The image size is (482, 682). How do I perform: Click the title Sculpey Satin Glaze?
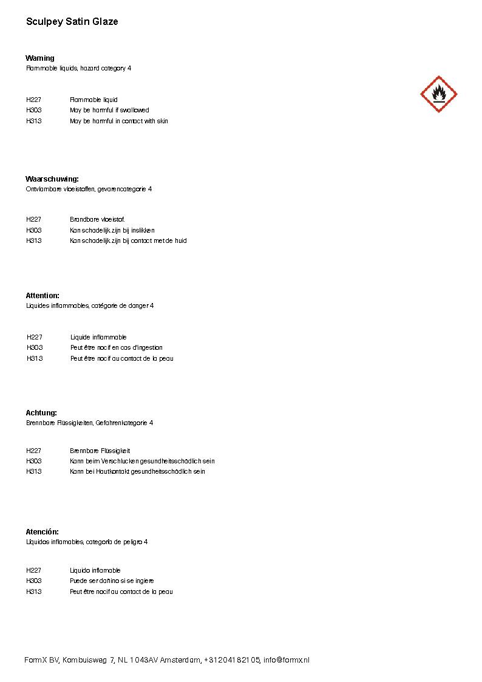click(72, 22)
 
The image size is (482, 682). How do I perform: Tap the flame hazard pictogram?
click(438, 94)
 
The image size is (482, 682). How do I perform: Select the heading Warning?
click(40, 58)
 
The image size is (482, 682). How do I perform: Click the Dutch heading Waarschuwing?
click(52, 179)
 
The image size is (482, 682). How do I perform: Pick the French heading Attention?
click(42, 296)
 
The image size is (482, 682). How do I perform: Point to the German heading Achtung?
click(41, 413)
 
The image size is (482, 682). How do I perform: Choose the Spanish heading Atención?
click(42, 532)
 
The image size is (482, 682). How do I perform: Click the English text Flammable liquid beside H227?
click(93, 100)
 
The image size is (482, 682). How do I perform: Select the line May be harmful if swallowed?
click(109, 111)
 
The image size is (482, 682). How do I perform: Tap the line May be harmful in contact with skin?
click(119, 121)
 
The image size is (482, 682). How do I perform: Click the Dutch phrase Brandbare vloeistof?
click(97, 219)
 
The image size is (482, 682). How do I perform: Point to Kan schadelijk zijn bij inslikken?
click(112, 230)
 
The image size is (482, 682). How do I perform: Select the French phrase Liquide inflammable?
click(98, 337)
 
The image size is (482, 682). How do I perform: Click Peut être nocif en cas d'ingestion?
click(117, 348)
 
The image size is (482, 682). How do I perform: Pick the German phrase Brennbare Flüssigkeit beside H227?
click(100, 451)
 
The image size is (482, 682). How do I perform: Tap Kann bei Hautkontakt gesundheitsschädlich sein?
click(137, 472)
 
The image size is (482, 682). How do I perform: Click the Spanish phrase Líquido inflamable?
click(95, 571)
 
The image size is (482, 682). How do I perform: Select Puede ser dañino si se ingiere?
click(112, 581)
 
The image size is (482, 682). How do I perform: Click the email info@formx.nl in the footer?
click(287, 660)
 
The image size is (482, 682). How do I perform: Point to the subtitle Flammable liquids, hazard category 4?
click(78, 69)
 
